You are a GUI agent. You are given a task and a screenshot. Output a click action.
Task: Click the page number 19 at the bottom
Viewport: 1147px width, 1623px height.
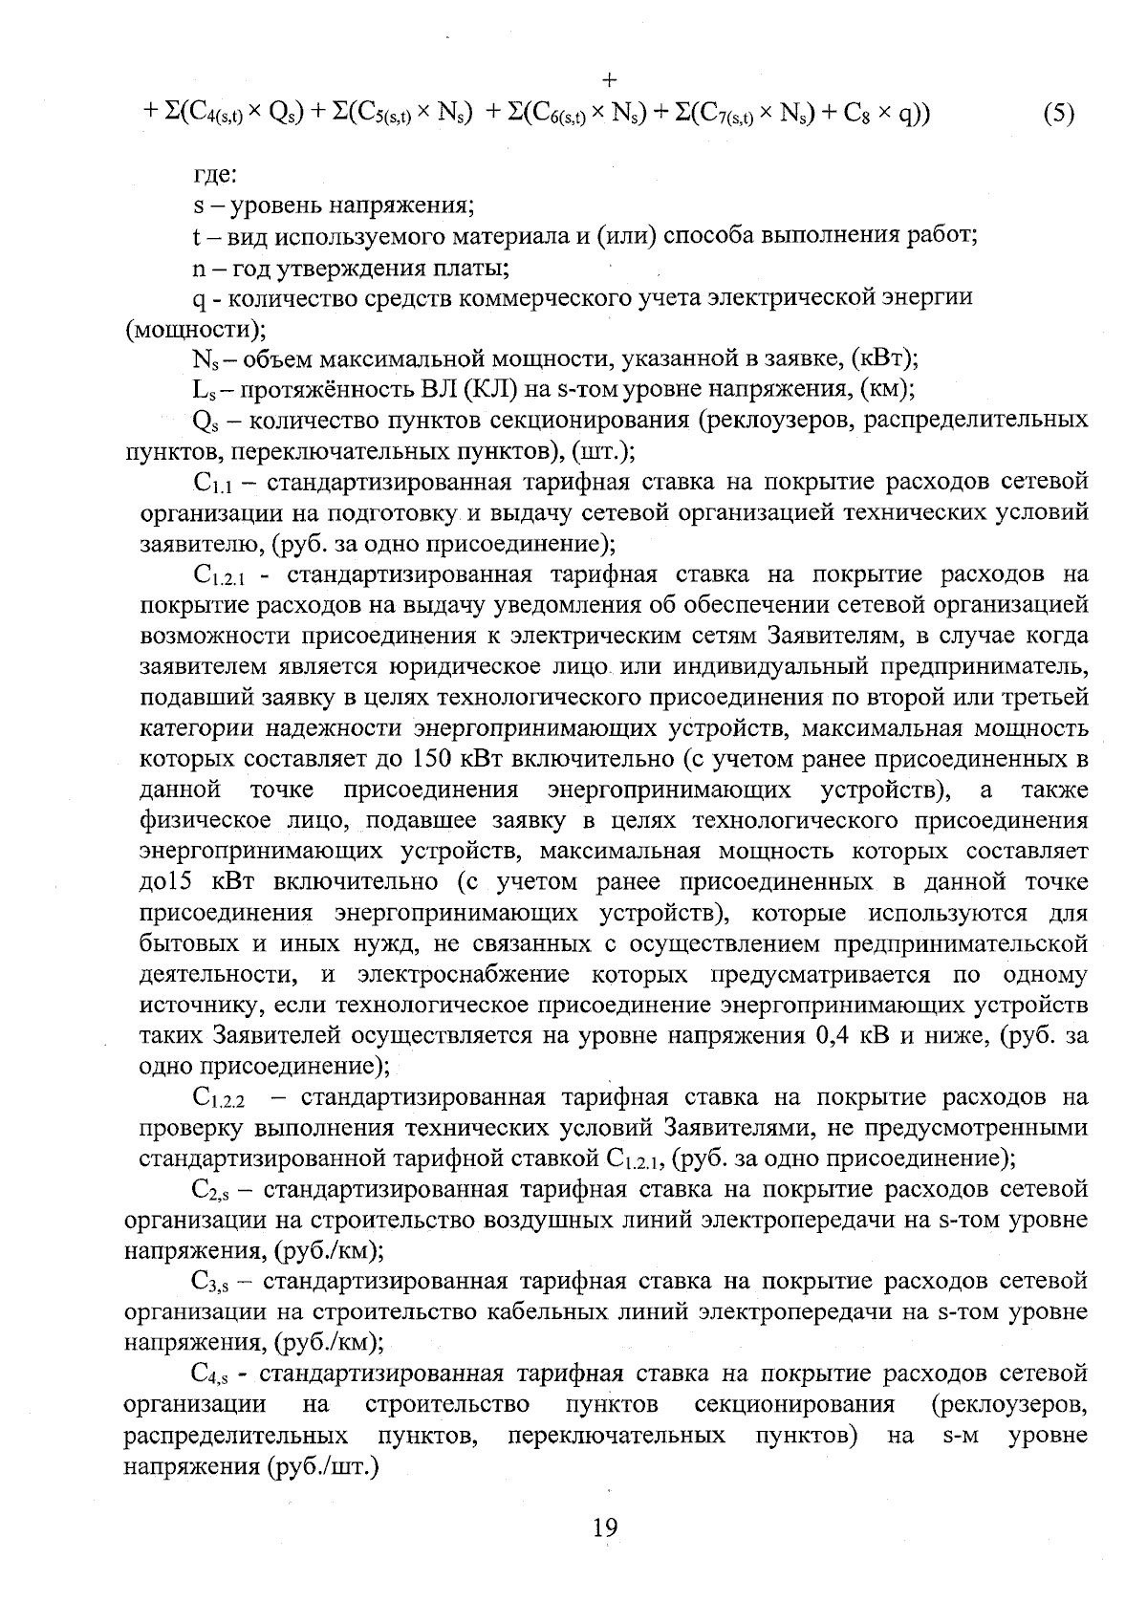[x=604, y=1527]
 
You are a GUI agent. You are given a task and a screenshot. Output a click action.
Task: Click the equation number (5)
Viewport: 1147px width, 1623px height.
[x=1058, y=114]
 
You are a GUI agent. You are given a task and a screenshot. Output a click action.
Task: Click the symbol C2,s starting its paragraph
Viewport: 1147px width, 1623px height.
[x=207, y=1191]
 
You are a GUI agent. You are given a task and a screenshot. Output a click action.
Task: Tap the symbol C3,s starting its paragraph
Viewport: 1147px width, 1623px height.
[x=207, y=1283]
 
